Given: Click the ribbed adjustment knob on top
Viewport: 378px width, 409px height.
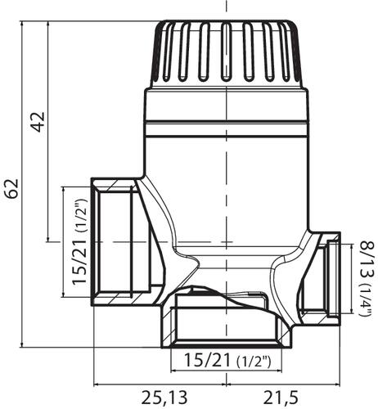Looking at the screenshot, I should click(x=223, y=53).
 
